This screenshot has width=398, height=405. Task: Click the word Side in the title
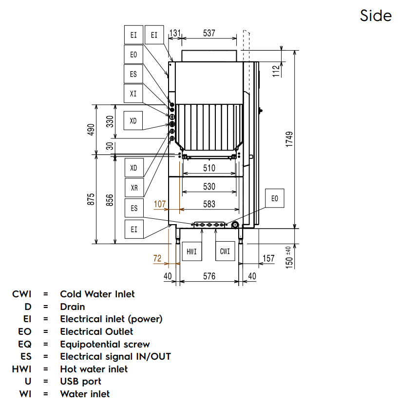(376, 16)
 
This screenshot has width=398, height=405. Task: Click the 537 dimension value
(208, 34)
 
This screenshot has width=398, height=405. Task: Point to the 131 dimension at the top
(175, 34)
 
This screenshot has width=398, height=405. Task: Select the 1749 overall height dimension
(289, 139)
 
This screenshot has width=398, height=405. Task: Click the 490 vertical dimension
(91, 129)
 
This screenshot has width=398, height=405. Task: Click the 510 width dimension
(209, 169)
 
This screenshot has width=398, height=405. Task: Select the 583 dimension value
(209, 205)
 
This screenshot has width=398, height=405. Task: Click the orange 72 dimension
(157, 259)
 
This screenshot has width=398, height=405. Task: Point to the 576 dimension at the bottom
(209, 276)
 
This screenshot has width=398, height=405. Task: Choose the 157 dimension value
(268, 259)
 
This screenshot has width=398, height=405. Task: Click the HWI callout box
(191, 251)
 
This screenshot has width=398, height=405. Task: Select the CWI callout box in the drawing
(225, 251)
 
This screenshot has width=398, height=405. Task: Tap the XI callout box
(133, 93)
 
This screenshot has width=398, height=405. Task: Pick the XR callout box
(134, 187)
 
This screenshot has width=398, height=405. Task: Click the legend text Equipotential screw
(105, 344)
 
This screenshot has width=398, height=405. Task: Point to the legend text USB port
(80, 381)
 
